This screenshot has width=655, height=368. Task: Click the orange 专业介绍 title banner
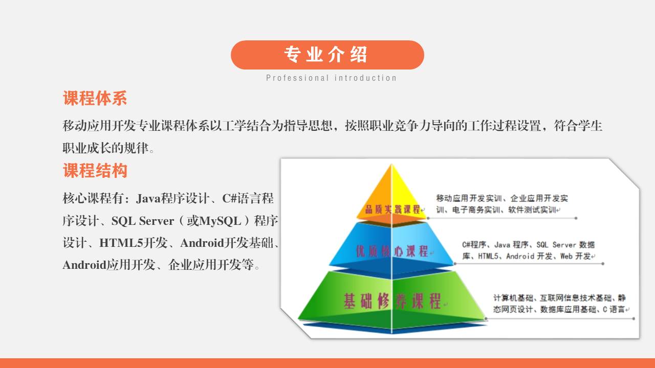point(327,55)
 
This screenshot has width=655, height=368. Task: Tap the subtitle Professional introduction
point(331,78)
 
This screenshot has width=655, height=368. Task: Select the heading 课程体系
point(95,98)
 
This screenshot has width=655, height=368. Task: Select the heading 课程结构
point(95,171)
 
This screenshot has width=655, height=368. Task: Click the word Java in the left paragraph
point(148,199)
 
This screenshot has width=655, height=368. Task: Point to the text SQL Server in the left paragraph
point(143,221)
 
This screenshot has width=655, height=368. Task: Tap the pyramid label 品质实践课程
point(392,209)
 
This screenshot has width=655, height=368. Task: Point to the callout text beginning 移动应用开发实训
point(502,204)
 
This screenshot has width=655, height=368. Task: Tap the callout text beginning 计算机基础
point(560,304)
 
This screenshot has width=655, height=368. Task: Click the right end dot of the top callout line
point(576,218)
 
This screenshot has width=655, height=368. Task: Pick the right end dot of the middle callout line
point(603,264)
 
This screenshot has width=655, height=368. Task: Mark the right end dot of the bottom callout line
point(634,318)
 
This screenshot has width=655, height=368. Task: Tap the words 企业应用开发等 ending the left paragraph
point(211,265)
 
